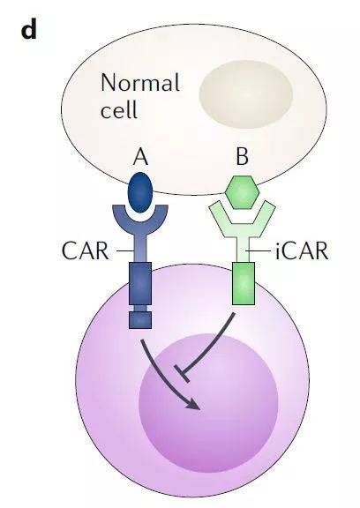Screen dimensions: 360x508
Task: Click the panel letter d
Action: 29,32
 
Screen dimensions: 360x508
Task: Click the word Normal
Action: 140,82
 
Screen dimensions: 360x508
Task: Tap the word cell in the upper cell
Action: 119,109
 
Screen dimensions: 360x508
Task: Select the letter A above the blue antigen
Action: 141,156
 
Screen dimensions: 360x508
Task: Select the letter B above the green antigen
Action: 243,156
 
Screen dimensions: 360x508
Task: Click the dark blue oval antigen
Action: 140,192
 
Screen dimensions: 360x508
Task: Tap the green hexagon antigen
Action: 243,192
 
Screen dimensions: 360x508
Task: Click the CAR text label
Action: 86,250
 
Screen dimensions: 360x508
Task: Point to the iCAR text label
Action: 302,250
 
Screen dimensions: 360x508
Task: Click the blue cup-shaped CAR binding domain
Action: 140,223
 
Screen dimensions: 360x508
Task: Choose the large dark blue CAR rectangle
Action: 140,283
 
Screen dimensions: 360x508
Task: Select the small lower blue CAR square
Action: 140,320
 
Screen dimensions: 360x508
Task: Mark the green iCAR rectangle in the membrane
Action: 244,283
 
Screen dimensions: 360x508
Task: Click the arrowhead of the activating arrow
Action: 194,404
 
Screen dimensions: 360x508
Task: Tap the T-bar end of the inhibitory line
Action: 182,373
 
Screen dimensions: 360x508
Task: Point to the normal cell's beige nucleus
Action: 246,94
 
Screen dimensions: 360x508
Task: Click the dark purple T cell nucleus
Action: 208,403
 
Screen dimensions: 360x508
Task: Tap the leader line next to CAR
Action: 125,251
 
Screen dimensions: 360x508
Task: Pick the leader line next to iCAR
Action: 258,251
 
